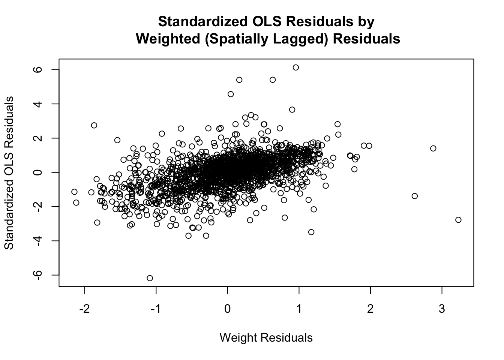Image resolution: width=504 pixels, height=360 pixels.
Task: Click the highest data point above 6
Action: [295, 67]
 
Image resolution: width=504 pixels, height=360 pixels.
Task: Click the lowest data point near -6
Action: [150, 278]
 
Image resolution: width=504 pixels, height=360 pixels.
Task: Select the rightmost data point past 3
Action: [458, 220]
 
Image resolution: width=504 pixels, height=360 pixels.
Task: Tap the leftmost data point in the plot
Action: [74, 192]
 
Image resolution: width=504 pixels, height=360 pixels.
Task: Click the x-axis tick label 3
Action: [442, 309]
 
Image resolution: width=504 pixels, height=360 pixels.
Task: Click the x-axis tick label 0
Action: [227, 309]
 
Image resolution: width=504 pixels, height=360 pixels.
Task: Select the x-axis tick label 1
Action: [299, 309]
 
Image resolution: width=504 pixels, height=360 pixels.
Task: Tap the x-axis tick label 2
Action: [370, 309]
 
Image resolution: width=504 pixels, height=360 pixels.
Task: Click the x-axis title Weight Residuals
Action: [266, 337]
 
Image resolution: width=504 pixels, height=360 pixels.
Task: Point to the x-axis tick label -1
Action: [156, 309]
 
